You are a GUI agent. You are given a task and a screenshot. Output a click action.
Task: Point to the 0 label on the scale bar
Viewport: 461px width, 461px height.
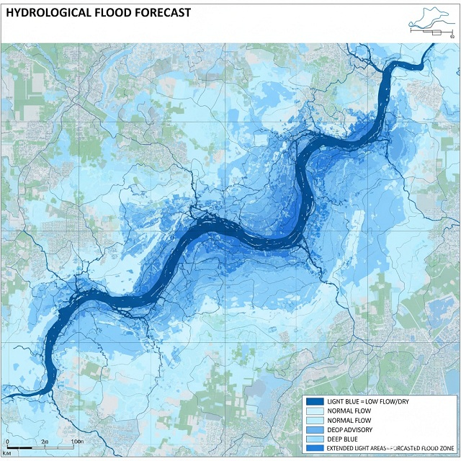6,440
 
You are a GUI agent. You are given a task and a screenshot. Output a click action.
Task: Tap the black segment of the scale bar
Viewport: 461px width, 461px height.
18,448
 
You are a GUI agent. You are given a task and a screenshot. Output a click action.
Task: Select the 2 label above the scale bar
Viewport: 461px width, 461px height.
44,440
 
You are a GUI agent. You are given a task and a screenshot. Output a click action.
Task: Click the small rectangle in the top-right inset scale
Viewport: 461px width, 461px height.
437,32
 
